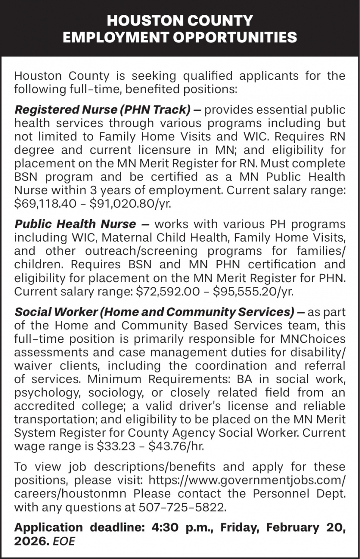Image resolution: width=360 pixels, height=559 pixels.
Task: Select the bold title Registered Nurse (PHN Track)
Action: (x=102, y=110)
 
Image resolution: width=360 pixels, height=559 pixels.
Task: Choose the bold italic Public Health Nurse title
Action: (x=75, y=223)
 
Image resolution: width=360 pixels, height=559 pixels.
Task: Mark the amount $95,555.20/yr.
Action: (x=253, y=292)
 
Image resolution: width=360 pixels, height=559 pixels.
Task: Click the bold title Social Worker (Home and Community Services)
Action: (x=154, y=312)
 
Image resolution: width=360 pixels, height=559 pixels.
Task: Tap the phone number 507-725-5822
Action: (x=180, y=507)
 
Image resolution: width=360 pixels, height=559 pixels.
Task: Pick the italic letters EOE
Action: (x=64, y=541)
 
